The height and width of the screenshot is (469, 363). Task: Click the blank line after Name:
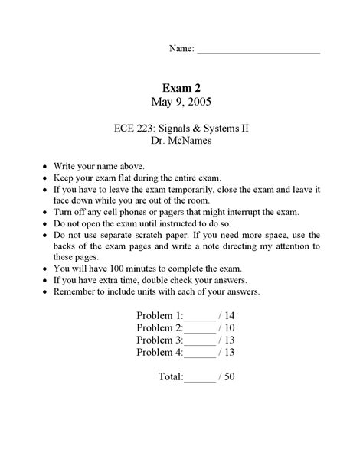pos(258,50)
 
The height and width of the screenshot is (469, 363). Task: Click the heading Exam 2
pos(181,87)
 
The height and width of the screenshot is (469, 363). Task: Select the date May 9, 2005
pos(181,101)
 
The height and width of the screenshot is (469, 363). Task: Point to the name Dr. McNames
pos(181,142)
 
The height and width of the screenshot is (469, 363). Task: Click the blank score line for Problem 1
pos(201,317)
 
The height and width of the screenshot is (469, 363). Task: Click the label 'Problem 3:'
pos(159,340)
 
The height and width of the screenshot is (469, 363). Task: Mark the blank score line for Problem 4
pos(201,353)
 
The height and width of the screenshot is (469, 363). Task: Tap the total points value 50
pos(229,377)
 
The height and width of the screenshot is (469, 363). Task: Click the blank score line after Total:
pos(200,378)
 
